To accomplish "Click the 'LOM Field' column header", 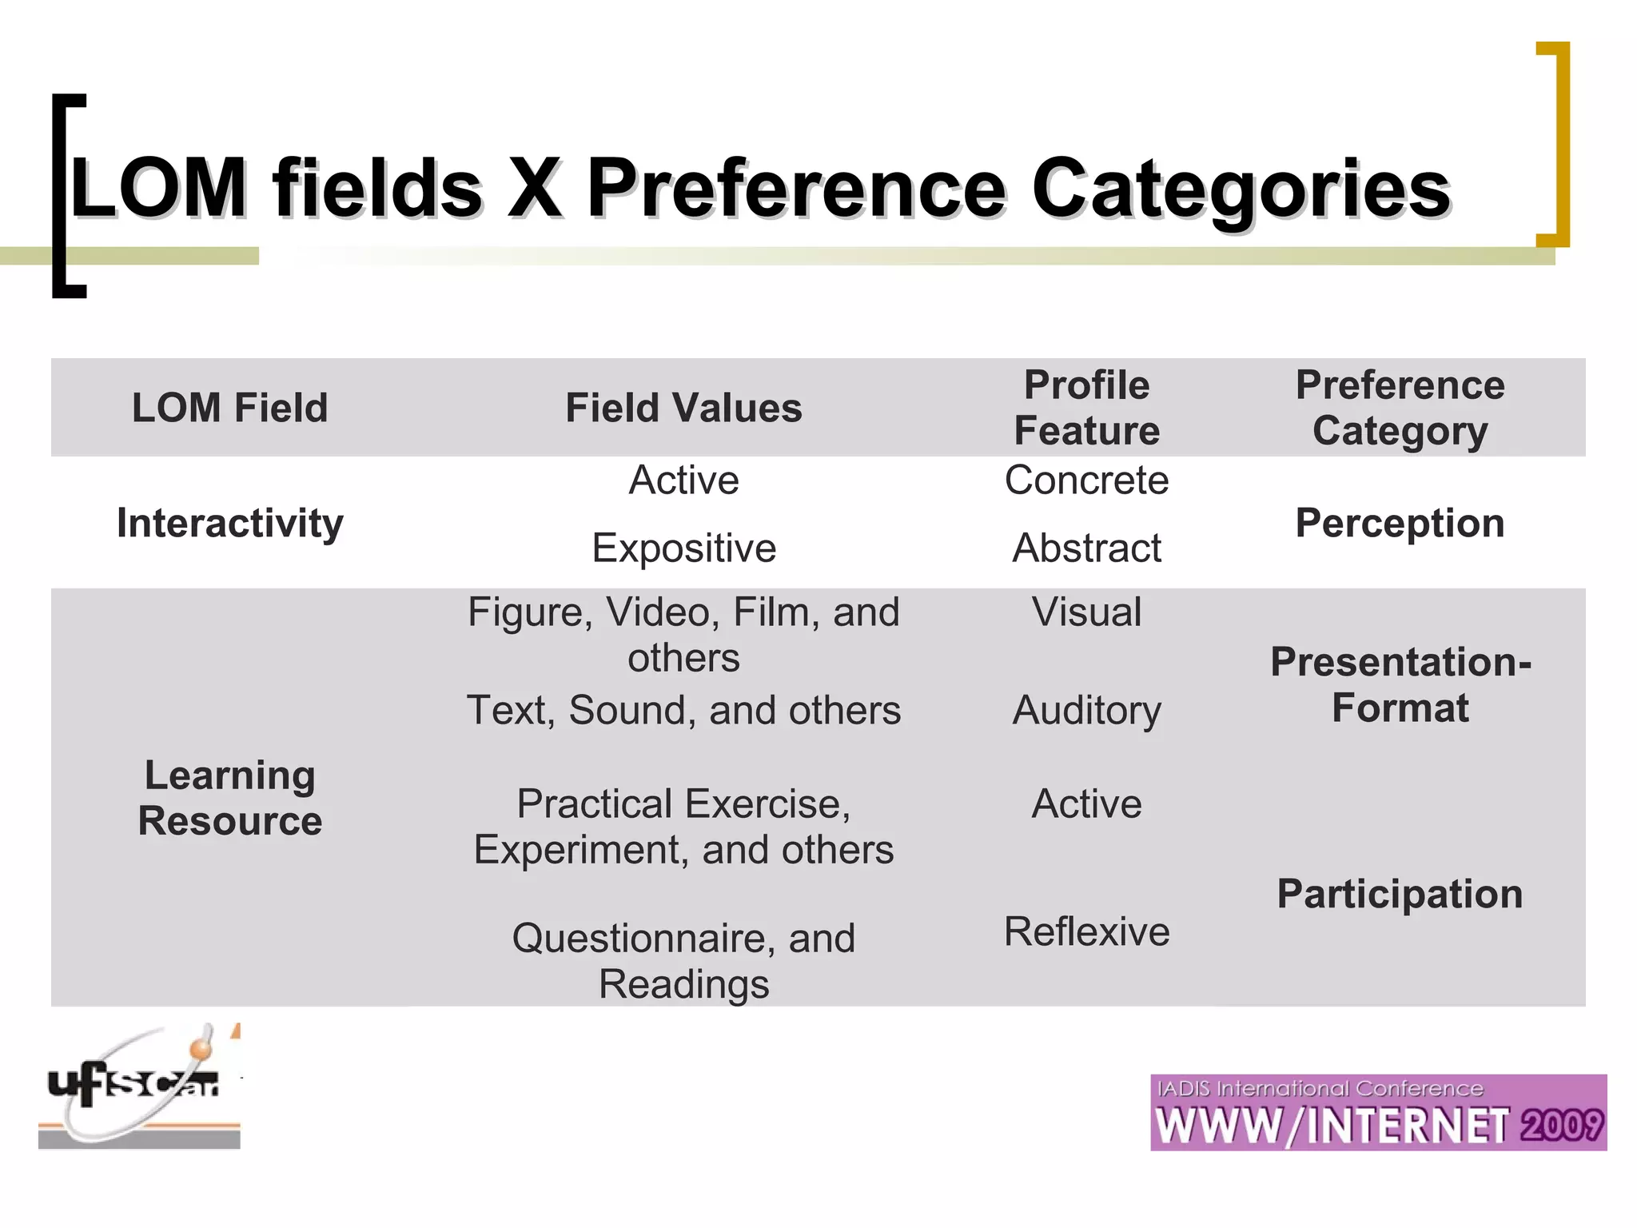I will tap(229, 408).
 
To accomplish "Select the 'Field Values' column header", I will tap(683, 408).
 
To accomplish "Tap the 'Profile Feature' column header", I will tap(1086, 408).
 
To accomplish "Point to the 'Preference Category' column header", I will tap(1400, 408).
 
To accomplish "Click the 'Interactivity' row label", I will tap(229, 524).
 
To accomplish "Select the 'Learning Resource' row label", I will tap(229, 798).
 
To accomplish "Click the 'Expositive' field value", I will tap(683, 548).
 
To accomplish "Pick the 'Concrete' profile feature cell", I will tap(1086, 480).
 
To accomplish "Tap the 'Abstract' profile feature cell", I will tap(1086, 548).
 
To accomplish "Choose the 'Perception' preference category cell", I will tap(1400, 524).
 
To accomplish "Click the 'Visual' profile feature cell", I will tap(1086, 612).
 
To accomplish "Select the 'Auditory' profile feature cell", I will tap(1086, 711).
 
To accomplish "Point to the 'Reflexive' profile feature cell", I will tap(1086, 932).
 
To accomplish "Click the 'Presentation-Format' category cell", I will tap(1400, 685).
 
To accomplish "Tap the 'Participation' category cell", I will tap(1400, 894).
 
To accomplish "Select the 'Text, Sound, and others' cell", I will tap(683, 711).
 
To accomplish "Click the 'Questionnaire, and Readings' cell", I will tap(683, 961).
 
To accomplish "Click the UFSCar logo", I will tap(139, 1087).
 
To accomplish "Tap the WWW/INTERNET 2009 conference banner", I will tap(1378, 1113).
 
